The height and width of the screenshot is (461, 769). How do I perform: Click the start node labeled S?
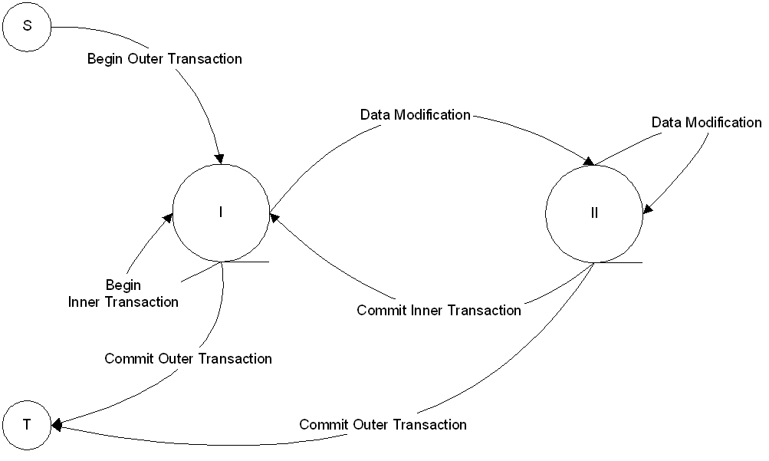coord(28,26)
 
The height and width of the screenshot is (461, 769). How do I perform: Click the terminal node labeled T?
coord(27,423)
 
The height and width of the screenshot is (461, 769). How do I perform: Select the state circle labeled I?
coord(221,212)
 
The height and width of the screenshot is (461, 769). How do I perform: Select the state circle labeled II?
coord(594,213)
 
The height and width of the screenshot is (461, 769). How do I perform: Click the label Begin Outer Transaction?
coord(164,58)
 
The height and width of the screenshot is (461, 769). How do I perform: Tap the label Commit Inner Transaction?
coord(439,311)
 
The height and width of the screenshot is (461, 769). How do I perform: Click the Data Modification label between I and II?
coord(415,115)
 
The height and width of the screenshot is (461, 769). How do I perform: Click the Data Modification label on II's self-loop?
coord(706,123)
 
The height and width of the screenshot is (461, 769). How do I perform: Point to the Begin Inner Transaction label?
coord(123,294)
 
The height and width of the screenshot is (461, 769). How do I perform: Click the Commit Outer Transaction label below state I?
coord(188,358)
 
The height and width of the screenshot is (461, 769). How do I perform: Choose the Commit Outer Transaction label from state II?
coord(383,424)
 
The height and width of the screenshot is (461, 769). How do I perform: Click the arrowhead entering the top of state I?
coord(220,159)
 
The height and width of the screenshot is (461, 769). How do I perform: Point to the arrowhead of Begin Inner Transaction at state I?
coord(166,219)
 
